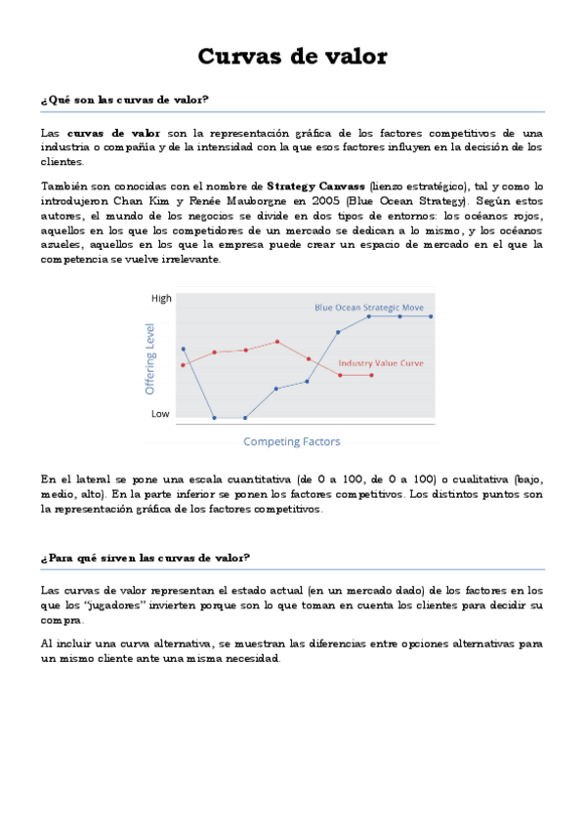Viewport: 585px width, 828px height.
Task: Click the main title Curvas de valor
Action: [x=292, y=57]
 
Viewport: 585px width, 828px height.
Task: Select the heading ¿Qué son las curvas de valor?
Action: [x=125, y=100]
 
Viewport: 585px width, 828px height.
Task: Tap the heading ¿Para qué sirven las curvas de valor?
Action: [x=146, y=558]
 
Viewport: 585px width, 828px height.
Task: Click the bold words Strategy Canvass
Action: [x=315, y=186]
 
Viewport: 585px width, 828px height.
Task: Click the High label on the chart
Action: [x=160, y=298]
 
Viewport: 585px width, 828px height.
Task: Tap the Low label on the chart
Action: [x=160, y=413]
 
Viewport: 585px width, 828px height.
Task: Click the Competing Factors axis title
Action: [x=291, y=441]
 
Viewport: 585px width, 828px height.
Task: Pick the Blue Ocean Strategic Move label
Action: [x=370, y=307]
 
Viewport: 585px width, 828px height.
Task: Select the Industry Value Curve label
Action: [x=381, y=363]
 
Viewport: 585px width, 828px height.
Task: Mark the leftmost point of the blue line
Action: [x=184, y=349]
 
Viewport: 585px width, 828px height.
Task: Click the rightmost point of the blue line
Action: [x=431, y=316]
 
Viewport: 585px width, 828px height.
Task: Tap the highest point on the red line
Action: [x=277, y=342]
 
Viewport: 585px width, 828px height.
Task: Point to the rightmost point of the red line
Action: [x=371, y=375]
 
